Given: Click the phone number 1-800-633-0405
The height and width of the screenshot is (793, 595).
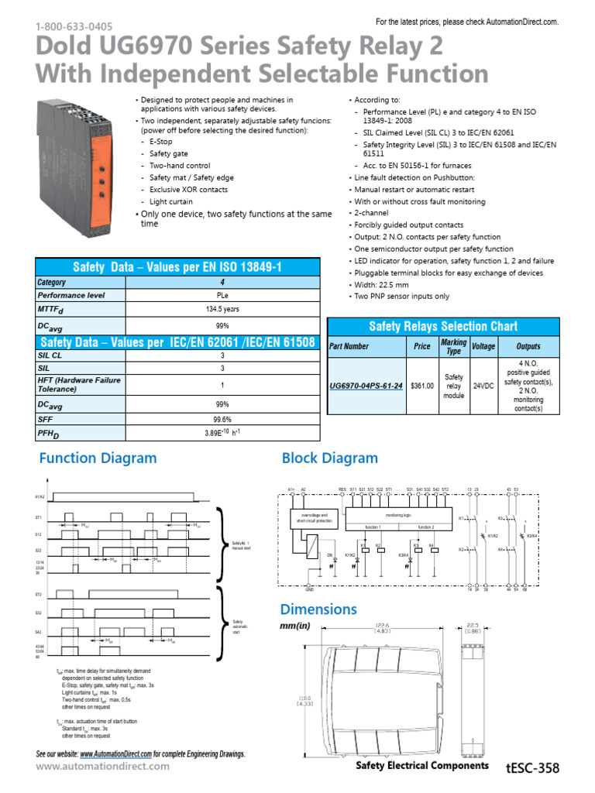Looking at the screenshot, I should (68, 26).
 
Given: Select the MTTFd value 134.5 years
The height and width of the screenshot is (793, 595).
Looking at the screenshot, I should (222, 308).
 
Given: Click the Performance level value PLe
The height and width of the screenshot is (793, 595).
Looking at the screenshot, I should (222, 295).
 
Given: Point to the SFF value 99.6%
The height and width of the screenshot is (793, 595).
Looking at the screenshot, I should (222, 419).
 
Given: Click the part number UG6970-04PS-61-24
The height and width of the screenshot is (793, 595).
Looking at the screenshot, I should (366, 385).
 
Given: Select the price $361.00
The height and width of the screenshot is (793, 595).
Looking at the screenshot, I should (422, 385).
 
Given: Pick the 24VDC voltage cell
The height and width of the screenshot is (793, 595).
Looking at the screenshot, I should (483, 385).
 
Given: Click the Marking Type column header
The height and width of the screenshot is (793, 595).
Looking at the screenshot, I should (453, 346).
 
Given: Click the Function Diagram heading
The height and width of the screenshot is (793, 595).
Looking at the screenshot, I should (98, 458).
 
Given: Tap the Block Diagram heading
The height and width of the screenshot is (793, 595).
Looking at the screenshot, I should (330, 458).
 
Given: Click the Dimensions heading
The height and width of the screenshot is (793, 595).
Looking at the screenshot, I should (319, 609).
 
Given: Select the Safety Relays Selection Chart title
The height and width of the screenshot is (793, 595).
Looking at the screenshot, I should (442, 326).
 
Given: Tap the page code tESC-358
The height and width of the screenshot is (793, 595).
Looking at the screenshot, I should (531, 767).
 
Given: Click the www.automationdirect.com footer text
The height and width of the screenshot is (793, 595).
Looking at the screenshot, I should (103, 766).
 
